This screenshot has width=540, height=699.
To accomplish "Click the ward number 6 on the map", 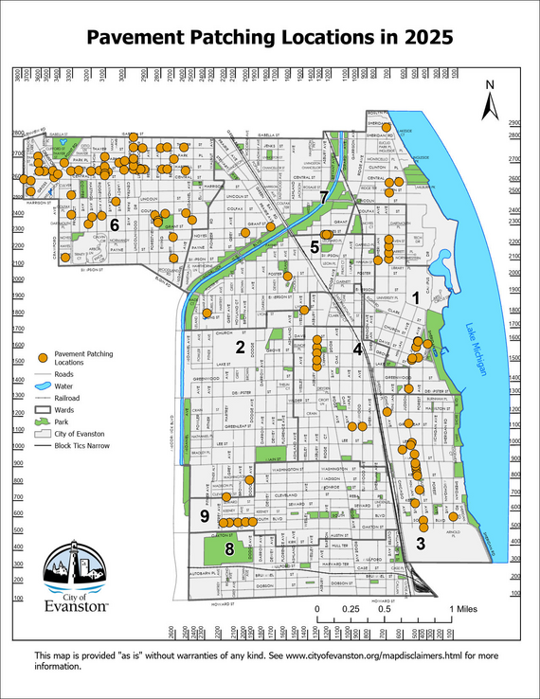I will click(x=114, y=225).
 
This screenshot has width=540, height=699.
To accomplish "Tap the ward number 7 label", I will click(x=324, y=197).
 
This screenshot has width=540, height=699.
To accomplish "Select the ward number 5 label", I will click(x=315, y=246).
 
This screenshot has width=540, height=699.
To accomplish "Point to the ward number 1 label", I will click(x=416, y=297).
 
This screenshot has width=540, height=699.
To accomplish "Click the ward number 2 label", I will click(x=241, y=348).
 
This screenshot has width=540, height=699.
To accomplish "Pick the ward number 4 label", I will click(x=357, y=349).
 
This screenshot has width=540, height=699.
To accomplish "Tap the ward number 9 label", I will click(x=205, y=515).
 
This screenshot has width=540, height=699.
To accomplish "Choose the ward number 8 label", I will click(x=228, y=548).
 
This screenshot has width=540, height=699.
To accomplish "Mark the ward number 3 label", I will click(x=420, y=544).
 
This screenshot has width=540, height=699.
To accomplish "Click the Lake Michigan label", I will click(x=474, y=350).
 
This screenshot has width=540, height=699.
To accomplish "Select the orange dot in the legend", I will click(x=42, y=357).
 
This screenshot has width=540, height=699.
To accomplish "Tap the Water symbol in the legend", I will click(x=42, y=386).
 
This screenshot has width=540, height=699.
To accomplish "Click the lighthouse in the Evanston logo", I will click(x=66, y=569).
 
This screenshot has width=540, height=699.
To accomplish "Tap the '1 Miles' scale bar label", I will click(x=467, y=608).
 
